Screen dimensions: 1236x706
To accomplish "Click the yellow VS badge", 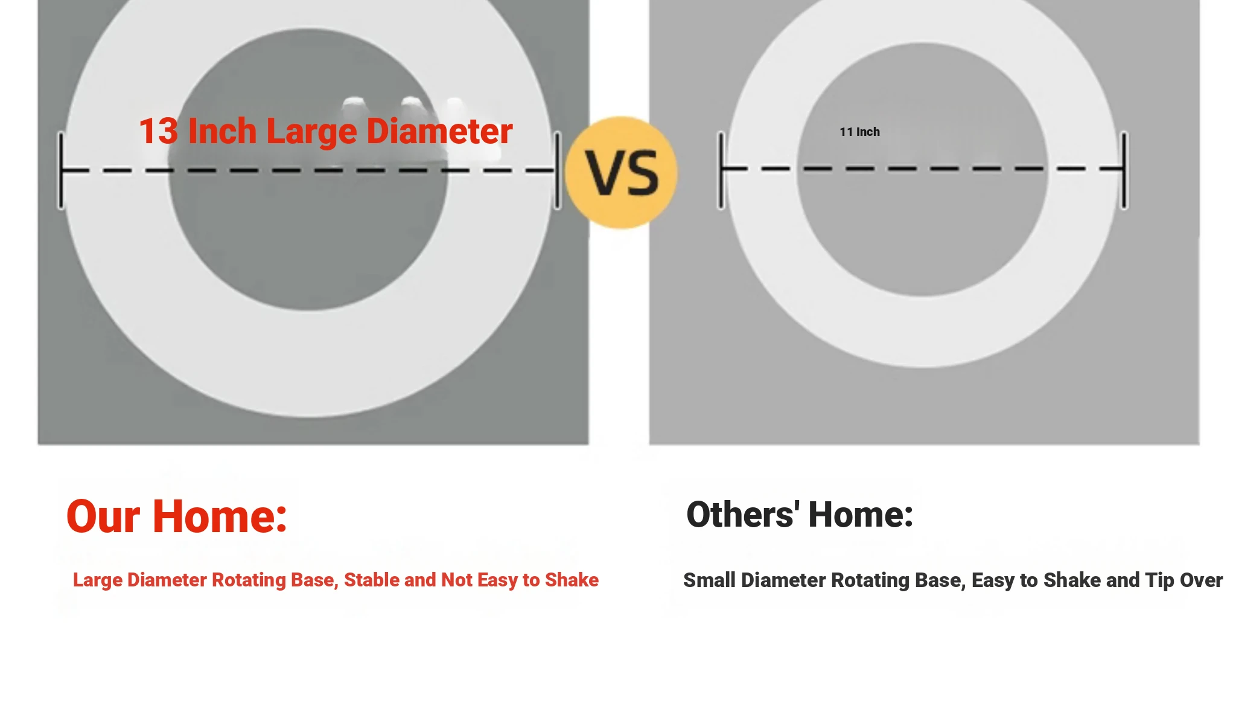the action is point(622,173).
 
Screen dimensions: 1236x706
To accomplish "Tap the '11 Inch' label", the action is point(859,132).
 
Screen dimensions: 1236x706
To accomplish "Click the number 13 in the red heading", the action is point(159,131).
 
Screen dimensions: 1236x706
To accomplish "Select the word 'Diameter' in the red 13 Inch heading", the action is point(439,131).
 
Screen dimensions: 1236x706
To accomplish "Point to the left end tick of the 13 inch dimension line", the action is point(61,170).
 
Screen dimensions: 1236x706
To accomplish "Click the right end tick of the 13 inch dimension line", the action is point(558,170).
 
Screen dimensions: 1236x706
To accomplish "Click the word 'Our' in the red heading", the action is point(103,517).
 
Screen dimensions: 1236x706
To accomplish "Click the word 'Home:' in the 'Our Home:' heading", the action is point(220,517).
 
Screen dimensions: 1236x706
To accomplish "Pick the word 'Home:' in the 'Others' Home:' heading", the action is point(861,515).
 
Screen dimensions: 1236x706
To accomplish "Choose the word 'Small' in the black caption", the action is point(709,580).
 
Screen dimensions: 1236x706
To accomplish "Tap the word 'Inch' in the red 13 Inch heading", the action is point(222,131).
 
